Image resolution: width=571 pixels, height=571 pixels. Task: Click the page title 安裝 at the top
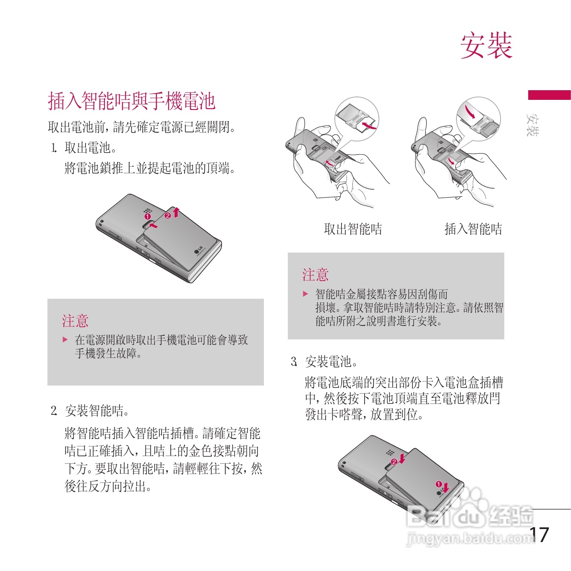[x=486, y=46]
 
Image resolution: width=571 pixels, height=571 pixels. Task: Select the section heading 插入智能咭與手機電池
[x=132, y=101]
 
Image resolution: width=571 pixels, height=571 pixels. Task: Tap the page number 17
[x=539, y=535]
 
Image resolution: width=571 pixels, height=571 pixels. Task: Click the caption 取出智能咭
[x=353, y=229]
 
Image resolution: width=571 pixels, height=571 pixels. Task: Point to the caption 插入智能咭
[x=473, y=229]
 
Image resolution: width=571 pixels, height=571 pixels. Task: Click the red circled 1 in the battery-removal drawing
[x=148, y=216]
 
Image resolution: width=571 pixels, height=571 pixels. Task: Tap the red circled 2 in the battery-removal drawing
[x=168, y=215]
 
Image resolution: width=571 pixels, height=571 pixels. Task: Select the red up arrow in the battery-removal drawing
[x=176, y=212]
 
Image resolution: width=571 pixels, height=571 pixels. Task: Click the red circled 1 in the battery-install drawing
[x=438, y=484]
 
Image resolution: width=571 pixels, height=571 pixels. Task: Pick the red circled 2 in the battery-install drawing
[x=394, y=461]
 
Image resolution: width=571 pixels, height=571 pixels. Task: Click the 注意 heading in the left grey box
[x=75, y=321]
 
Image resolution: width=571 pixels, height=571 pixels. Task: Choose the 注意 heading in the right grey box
[x=315, y=275]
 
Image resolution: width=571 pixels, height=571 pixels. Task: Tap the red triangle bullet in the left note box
[x=65, y=339]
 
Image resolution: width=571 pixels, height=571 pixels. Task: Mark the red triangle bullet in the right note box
[x=305, y=294]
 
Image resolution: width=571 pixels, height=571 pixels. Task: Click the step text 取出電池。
[x=90, y=148]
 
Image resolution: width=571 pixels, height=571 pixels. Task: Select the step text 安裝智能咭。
[x=96, y=411]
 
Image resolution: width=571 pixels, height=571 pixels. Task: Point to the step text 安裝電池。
[x=331, y=362]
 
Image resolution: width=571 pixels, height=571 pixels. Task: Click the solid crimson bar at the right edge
[x=549, y=95]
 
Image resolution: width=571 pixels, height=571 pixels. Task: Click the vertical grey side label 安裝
[x=532, y=125]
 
